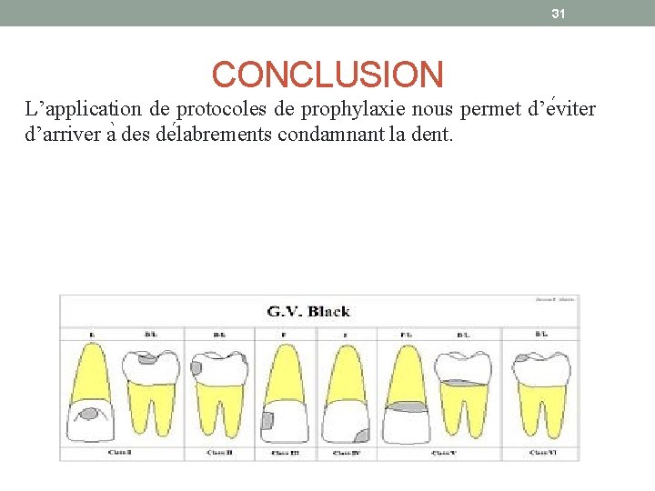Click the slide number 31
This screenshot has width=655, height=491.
pos(559,13)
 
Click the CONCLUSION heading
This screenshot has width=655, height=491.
pos(327,75)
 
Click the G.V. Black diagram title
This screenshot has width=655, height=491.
pos(308,312)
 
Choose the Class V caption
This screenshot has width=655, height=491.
pos(443,452)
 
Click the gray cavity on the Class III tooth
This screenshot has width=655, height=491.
pos(268,421)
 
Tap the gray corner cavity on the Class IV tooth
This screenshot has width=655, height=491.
pos(361,434)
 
